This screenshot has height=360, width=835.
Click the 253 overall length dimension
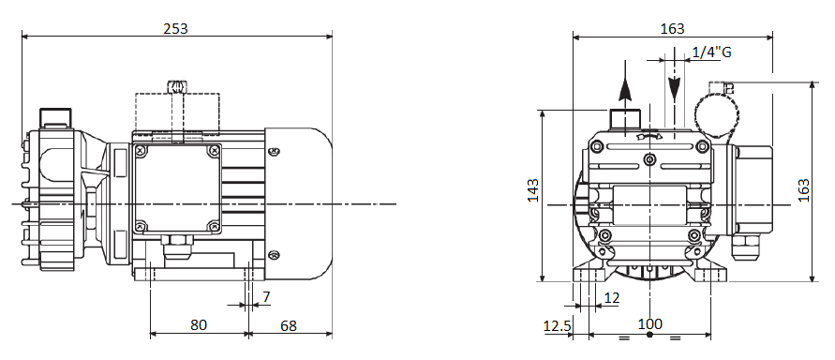(x=176, y=28)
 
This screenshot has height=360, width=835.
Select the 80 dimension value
(x=199, y=325)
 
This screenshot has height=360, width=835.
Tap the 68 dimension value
(x=289, y=325)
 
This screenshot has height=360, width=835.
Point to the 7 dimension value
(x=266, y=297)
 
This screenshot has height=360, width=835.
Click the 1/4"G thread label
(x=711, y=52)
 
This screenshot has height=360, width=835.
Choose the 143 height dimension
(x=533, y=190)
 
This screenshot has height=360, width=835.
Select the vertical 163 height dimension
(x=803, y=190)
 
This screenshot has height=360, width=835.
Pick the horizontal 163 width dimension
(x=672, y=28)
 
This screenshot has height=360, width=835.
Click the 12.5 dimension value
(x=557, y=325)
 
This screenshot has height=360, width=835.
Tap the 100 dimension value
(x=650, y=323)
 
